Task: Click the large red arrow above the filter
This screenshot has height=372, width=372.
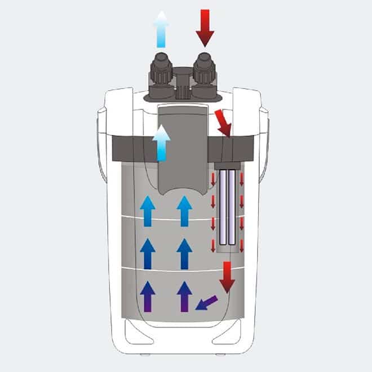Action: (205, 28)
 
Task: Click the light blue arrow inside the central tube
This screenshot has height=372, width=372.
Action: (162, 143)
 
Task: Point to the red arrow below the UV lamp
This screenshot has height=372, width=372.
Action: (227, 277)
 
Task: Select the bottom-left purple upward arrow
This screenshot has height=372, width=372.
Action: (147, 296)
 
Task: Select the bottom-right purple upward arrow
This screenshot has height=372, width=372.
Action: (184, 296)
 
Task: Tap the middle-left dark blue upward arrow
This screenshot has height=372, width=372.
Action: (147, 254)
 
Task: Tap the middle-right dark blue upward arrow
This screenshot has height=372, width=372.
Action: (184, 254)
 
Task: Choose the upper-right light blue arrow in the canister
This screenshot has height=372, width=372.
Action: (184, 211)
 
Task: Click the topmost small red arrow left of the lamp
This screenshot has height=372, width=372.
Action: (213, 180)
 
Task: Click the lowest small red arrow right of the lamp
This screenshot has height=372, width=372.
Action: (242, 246)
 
